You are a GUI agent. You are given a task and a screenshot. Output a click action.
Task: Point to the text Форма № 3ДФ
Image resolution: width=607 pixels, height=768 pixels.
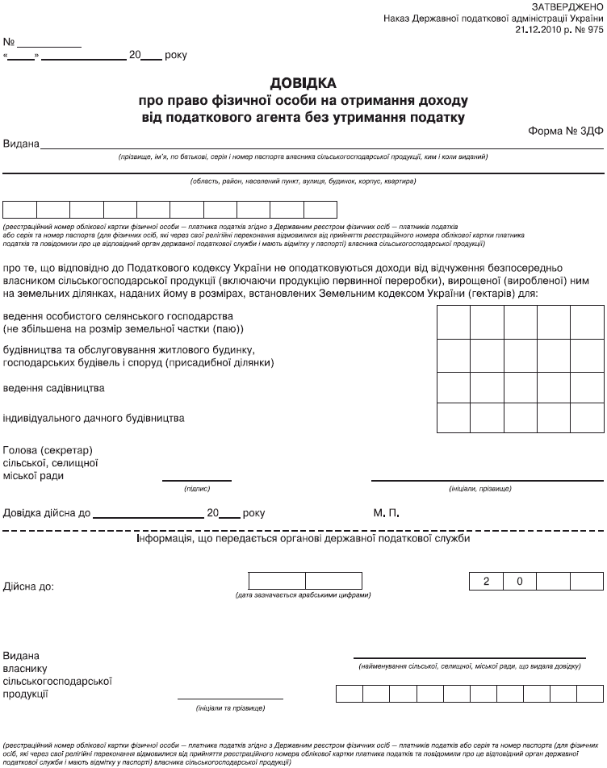click(x=566, y=131)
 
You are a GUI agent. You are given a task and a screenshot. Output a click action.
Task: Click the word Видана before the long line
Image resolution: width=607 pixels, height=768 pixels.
click(x=22, y=144)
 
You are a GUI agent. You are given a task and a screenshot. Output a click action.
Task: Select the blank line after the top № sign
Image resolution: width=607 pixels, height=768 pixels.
click(x=49, y=41)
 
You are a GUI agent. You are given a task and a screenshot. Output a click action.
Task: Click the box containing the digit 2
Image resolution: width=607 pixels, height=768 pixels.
click(x=486, y=580)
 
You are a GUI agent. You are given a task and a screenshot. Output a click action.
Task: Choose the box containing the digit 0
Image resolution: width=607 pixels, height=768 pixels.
click(x=521, y=580)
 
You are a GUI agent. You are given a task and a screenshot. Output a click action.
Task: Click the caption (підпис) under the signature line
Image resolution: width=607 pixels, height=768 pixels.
click(x=197, y=489)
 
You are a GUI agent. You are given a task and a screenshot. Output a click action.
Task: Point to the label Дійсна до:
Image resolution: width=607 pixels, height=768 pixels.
click(x=29, y=586)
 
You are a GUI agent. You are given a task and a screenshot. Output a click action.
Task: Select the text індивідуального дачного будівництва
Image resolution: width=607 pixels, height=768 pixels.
click(x=94, y=418)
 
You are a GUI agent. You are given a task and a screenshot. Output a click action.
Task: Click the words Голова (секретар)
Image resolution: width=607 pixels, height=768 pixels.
click(x=48, y=449)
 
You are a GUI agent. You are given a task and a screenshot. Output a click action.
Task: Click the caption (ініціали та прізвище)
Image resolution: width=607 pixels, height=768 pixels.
click(x=230, y=707)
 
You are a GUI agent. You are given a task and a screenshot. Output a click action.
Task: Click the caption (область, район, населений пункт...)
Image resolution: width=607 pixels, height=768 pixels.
click(x=303, y=181)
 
